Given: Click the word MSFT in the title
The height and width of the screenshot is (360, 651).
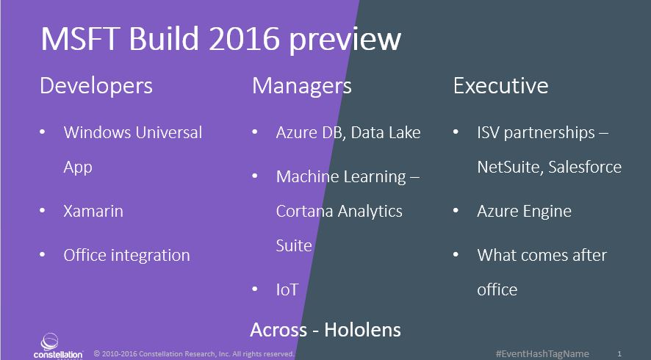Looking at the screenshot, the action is [81, 39].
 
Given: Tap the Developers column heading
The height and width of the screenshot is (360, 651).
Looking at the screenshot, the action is [96, 87].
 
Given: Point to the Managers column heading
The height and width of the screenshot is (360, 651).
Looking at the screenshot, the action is [302, 87].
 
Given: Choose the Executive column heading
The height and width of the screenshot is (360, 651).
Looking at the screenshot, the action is [500, 85].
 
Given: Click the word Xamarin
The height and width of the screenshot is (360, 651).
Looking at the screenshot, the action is [93, 211].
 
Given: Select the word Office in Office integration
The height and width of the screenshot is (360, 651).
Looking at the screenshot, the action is [82, 254].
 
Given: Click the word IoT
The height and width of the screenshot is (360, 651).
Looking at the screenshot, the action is [287, 289].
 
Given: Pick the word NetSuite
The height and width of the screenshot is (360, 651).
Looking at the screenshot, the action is [509, 167].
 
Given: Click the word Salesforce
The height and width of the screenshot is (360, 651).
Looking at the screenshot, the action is [585, 167].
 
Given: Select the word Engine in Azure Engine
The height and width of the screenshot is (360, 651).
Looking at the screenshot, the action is [547, 212].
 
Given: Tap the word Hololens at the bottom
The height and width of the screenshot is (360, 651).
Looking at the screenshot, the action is [362, 330].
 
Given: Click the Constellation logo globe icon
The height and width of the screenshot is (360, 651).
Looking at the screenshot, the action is [49, 342].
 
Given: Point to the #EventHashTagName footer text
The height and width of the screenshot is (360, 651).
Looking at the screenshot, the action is [542, 354].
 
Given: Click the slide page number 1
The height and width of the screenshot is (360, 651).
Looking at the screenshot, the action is [619, 354].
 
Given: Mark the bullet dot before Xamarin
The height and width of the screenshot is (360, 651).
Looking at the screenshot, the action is [43, 211].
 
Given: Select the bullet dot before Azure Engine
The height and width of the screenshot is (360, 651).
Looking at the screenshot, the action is [456, 211].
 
